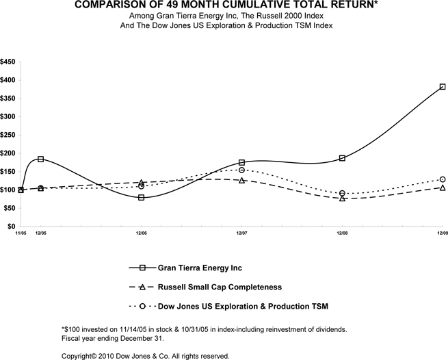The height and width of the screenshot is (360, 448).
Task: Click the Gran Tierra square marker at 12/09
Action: tap(443, 87)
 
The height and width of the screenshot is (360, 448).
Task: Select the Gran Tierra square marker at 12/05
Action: tap(41, 159)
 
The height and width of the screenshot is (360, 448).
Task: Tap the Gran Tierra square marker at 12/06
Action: tap(141, 197)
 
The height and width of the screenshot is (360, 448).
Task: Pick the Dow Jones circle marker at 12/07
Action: tap(241, 170)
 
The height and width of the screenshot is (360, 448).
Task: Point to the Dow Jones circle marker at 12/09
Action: tap(443, 179)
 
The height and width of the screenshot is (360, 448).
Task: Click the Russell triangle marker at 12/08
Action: tap(342, 198)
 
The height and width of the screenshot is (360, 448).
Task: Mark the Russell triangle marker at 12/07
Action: tap(241, 181)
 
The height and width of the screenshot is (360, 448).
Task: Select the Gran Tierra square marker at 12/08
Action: tap(342, 158)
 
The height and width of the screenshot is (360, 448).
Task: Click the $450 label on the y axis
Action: tap(8, 62)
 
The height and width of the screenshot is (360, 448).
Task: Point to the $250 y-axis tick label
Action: tap(8, 135)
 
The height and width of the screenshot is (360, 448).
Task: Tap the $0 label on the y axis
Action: tap(12, 227)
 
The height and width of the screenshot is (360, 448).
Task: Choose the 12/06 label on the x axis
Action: tap(141, 233)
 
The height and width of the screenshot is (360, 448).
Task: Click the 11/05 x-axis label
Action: tap(21, 233)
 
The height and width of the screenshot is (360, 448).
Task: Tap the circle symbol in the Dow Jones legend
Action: tap(142, 306)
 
